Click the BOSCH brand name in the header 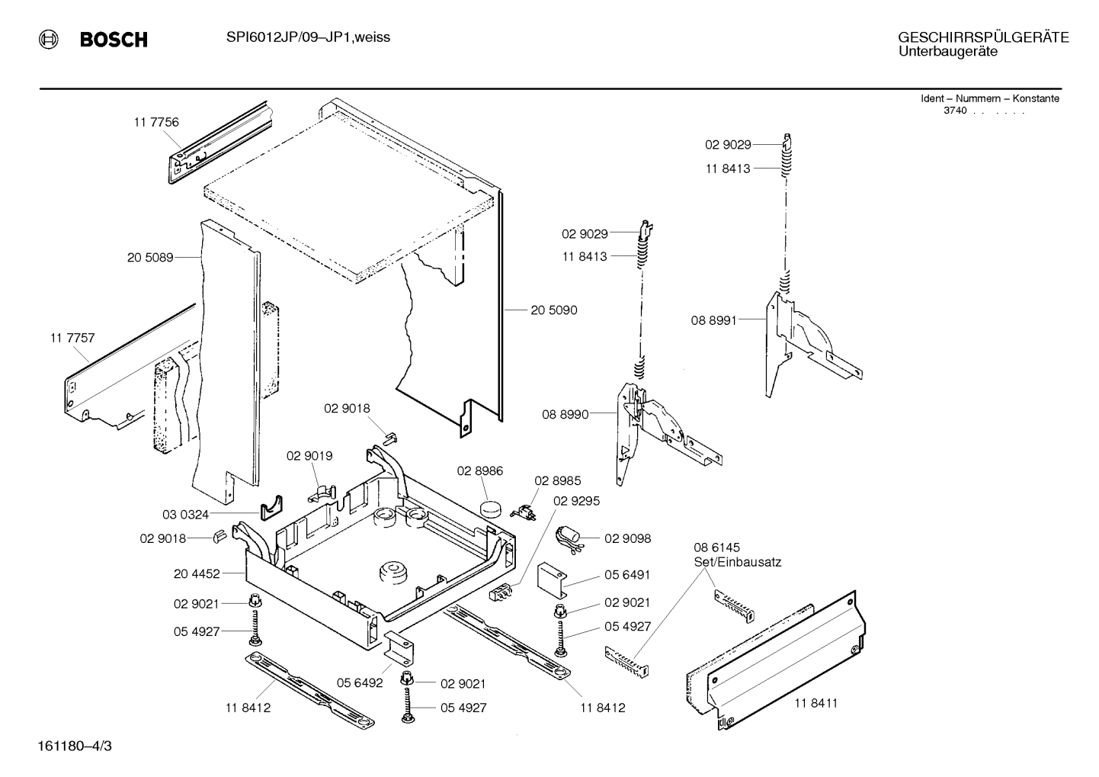(114, 40)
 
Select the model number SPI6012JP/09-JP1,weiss (308, 37)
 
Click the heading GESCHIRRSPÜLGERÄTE (982, 37)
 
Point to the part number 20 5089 (150, 258)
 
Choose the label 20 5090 (554, 310)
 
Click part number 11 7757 (72, 337)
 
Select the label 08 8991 (714, 321)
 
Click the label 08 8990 (565, 415)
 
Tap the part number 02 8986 (480, 471)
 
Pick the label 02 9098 (627, 538)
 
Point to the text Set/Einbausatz (737, 562)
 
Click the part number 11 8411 (815, 703)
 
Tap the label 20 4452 (197, 573)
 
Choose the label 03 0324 (185, 515)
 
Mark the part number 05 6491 (627, 575)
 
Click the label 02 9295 (576, 500)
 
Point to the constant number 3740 (955, 111)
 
